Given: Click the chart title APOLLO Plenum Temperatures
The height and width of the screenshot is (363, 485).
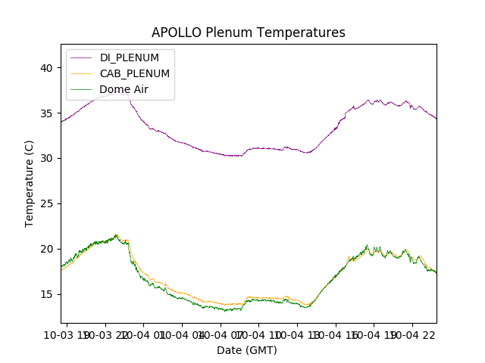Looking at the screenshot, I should pos(248,33).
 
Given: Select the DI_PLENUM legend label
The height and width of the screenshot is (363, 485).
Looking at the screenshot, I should pos(130,58).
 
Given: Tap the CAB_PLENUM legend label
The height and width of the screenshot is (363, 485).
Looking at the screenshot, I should pos(134,73).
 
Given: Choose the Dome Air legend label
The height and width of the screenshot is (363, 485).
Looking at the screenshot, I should pos(124,89).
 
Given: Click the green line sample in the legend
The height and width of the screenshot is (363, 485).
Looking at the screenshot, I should pos(82,89).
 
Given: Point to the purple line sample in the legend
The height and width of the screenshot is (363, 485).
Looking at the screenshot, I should pos(82,58).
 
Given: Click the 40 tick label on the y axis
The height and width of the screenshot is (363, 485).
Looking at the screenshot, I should pos(47,68).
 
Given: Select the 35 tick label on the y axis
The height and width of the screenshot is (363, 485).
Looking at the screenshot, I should pos(47,113).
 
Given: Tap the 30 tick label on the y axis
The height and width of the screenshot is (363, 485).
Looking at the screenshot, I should pos(47,158).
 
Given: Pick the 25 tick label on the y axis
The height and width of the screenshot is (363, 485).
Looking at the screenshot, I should pos(47,203).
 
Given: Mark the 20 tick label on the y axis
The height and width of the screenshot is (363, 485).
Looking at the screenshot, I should pos(47,249).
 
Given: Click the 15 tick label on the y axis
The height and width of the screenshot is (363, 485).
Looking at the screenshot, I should pos(47,294).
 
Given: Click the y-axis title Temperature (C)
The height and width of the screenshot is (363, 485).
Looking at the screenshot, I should pos(30,183).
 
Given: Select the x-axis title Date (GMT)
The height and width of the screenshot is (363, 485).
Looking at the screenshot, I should pos(247,350).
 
